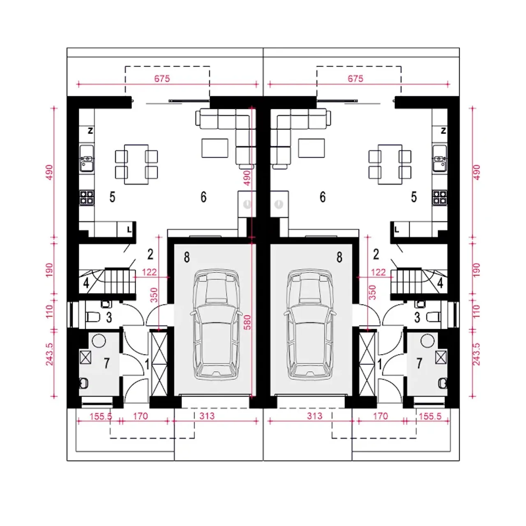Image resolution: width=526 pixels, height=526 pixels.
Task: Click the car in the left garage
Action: [x=217, y=324]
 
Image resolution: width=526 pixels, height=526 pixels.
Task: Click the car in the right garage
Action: [x=310, y=324]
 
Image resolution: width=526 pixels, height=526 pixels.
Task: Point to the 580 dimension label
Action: [x=247, y=322]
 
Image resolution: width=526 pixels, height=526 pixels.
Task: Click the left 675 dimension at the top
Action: [x=162, y=78]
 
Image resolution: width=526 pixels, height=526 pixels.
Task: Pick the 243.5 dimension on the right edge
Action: [x=476, y=354]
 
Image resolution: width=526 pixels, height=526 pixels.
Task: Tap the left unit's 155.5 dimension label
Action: [x=101, y=416]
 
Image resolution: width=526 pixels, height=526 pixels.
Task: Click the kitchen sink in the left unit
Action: [x=87, y=158]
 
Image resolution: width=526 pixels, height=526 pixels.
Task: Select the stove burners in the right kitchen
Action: [x=439, y=198]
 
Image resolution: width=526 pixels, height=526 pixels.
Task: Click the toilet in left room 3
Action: [x=93, y=317]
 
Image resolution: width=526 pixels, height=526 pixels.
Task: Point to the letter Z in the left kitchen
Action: [x=90, y=131]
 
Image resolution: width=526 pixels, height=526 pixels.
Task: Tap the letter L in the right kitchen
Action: [x=397, y=230]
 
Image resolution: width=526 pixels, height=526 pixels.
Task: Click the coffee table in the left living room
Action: [x=215, y=148]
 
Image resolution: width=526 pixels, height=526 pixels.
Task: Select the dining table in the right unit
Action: [x=390, y=164]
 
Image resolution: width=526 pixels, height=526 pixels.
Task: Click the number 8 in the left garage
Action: [x=187, y=257]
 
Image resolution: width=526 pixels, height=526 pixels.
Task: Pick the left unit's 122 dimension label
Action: [x=149, y=272]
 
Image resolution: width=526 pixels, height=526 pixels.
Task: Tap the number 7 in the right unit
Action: [x=419, y=363]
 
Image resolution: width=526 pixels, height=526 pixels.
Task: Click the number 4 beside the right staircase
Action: [x=440, y=283]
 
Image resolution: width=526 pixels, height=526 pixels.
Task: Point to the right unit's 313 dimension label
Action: [x=314, y=416]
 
